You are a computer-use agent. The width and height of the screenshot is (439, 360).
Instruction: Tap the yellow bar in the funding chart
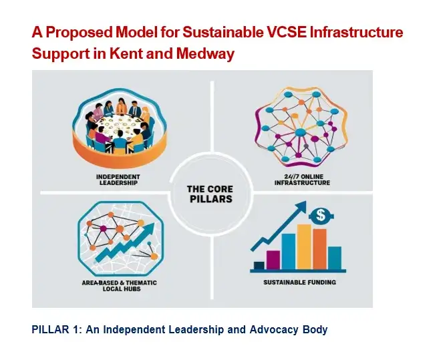(303, 245)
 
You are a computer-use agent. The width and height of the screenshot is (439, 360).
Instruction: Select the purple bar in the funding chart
(273, 258)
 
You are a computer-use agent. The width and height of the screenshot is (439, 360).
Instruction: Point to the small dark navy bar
(258, 264)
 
